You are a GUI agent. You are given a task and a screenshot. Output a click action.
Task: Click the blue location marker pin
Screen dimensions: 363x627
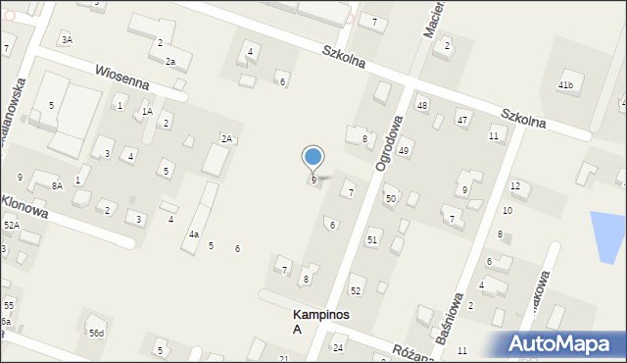tap(313, 157)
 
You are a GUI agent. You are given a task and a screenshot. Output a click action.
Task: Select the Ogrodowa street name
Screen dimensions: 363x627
tap(389, 143)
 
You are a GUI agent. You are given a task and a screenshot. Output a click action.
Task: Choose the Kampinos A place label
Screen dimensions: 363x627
tap(321, 322)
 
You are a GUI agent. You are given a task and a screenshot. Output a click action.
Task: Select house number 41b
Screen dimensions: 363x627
tap(565, 85)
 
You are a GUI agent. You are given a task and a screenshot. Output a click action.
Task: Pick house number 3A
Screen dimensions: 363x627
tap(67, 39)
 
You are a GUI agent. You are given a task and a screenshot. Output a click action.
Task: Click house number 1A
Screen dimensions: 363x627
tap(147, 112)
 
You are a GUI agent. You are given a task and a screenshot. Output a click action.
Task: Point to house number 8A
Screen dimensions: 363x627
tap(57, 185)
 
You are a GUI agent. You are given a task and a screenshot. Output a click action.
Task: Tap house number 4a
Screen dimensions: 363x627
tap(194, 234)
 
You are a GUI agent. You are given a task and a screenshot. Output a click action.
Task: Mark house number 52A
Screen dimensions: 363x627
tap(11, 226)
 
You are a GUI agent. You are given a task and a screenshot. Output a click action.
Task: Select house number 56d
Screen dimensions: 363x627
tap(96, 334)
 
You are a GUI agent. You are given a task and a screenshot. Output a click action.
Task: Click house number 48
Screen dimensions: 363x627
tap(422, 105)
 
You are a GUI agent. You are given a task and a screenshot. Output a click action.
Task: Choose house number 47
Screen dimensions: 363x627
tap(461, 120)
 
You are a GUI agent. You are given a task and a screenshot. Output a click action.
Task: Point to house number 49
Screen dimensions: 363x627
tap(403, 149)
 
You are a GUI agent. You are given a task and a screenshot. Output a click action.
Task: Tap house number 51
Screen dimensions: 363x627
tap(371, 240)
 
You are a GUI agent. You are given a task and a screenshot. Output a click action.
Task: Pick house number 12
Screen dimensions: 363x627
tap(514, 185)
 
